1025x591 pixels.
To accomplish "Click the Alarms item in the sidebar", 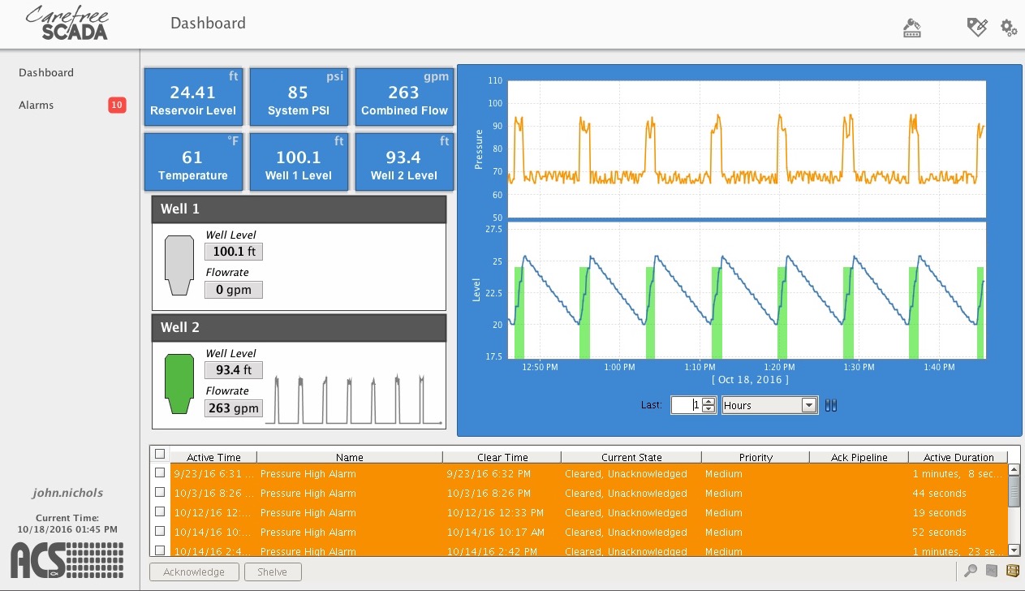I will (x=37, y=105).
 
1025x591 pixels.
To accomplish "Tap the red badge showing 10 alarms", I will (x=117, y=105).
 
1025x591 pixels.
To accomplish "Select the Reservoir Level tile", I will (x=193, y=97).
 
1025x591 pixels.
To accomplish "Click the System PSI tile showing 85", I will (x=299, y=97).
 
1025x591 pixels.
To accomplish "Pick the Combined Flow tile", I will (x=404, y=97).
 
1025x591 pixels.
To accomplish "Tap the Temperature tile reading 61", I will (x=193, y=162).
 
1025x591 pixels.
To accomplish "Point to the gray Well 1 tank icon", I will (x=179, y=265).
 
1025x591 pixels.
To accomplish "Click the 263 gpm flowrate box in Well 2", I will (x=234, y=408).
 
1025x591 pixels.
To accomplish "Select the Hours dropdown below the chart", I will (x=769, y=405).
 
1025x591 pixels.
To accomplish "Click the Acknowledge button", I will (x=194, y=572).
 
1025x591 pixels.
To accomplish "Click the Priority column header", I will (x=756, y=457).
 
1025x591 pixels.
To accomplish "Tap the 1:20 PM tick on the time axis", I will (x=780, y=367).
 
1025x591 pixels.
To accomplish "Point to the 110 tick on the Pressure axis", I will (x=493, y=81).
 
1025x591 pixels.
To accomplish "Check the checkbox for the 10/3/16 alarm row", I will (x=160, y=492).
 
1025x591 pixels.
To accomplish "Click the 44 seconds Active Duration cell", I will (x=939, y=493).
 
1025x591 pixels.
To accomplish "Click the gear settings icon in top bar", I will (x=1009, y=28).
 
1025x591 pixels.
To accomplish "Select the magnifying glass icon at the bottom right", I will (x=970, y=571).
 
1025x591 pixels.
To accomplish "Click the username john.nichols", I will (x=68, y=493).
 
